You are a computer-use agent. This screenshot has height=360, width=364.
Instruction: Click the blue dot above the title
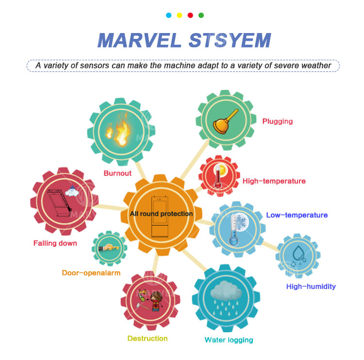pos(168,15)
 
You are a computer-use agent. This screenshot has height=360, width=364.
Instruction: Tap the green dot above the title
pos(201,15)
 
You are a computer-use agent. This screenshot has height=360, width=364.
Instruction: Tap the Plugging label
pos(277,121)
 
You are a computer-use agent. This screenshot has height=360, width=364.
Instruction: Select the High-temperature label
pos(274,181)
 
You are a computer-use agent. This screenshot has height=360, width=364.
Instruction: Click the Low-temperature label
pos(297,215)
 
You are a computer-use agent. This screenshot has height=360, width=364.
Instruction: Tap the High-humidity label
pos(311,286)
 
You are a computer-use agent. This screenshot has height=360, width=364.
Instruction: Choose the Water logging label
pos(229,340)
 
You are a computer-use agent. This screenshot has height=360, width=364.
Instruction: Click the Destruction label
pos(148,338)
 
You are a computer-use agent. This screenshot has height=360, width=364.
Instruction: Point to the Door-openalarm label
pos(91,273)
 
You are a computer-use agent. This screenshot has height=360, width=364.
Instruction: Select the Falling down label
pos(55,243)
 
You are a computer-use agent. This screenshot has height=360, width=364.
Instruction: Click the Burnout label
pos(117,173)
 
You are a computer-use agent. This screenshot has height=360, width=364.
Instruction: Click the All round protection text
pos(161,214)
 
